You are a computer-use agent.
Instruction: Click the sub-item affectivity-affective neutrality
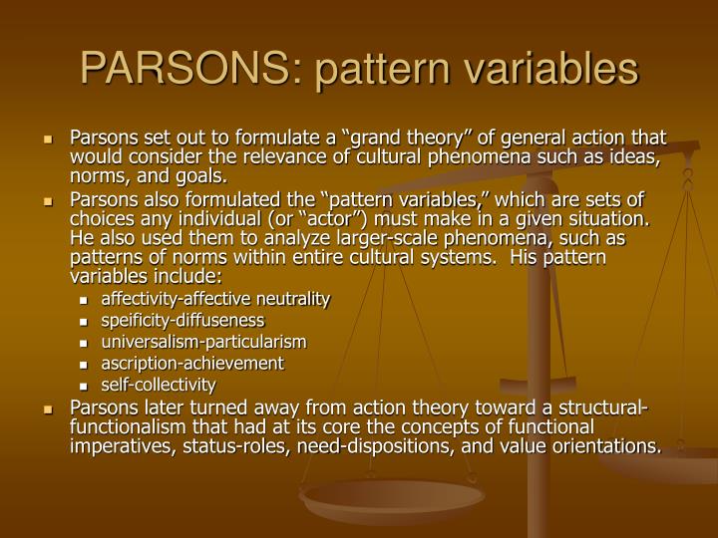pyautogui.click(x=214, y=298)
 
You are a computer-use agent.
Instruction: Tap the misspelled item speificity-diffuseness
pyautogui.click(x=182, y=320)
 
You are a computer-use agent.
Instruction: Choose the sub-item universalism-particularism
pyautogui.click(x=203, y=341)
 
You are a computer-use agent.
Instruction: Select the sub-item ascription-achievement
pyautogui.click(x=192, y=363)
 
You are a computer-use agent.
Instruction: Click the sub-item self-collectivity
pyautogui.click(x=159, y=384)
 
